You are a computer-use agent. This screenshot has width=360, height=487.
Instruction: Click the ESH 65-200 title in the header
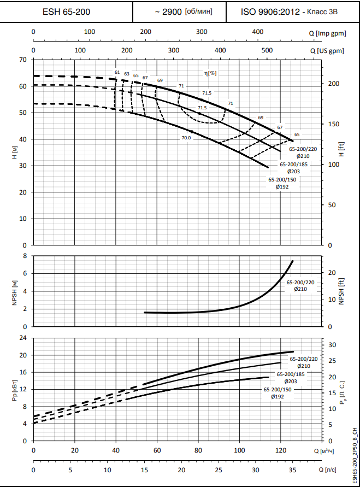67,11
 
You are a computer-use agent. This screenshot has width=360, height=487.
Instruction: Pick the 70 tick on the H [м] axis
23,60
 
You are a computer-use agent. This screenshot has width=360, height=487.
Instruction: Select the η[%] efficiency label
210,72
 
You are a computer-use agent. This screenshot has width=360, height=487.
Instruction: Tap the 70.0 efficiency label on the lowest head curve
186,138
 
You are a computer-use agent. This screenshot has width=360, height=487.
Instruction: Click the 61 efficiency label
117,72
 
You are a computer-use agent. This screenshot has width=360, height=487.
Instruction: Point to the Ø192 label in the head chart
282,186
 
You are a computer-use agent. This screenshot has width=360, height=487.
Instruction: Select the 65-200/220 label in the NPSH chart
300,283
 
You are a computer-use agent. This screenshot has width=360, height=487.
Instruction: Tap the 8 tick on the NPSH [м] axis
25,256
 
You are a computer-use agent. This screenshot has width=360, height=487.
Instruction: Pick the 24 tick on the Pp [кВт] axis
23,338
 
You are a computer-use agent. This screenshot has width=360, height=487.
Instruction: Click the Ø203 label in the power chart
291,381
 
